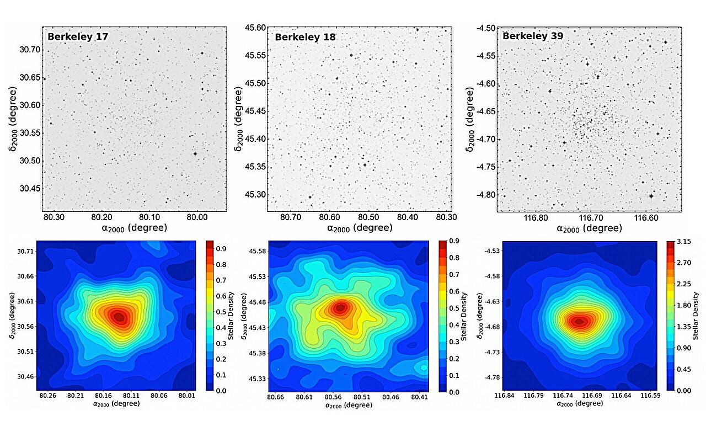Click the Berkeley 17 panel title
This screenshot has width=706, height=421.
(77, 37)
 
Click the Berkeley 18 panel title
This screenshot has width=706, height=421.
(305, 37)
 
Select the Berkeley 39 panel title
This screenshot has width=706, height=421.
(533, 36)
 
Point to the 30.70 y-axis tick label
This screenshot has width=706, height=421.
(28, 50)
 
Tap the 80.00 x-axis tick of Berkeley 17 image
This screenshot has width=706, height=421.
(197, 217)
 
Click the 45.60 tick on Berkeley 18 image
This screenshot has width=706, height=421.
(255, 28)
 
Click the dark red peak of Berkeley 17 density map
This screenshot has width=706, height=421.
(119, 317)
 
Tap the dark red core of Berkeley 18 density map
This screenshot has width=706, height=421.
(340, 308)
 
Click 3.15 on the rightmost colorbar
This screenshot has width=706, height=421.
(684, 242)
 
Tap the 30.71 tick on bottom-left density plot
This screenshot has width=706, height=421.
(26, 252)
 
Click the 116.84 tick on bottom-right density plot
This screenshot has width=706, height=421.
(505, 395)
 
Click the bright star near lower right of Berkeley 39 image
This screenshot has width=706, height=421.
(651, 195)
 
